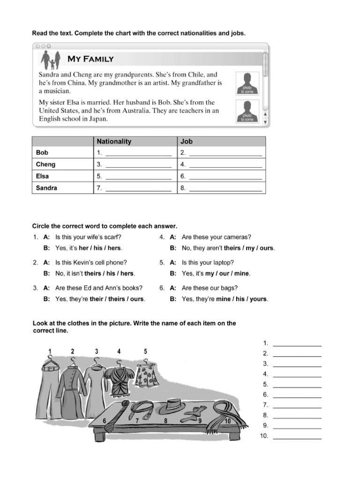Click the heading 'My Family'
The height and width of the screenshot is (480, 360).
(90, 59)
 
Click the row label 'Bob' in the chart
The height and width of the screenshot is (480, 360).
(42, 153)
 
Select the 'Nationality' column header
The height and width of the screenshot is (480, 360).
(114, 141)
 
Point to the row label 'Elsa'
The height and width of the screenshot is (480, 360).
(43, 176)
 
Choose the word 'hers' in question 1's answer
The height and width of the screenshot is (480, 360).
(115, 248)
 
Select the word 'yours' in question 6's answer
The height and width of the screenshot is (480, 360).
(258, 299)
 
